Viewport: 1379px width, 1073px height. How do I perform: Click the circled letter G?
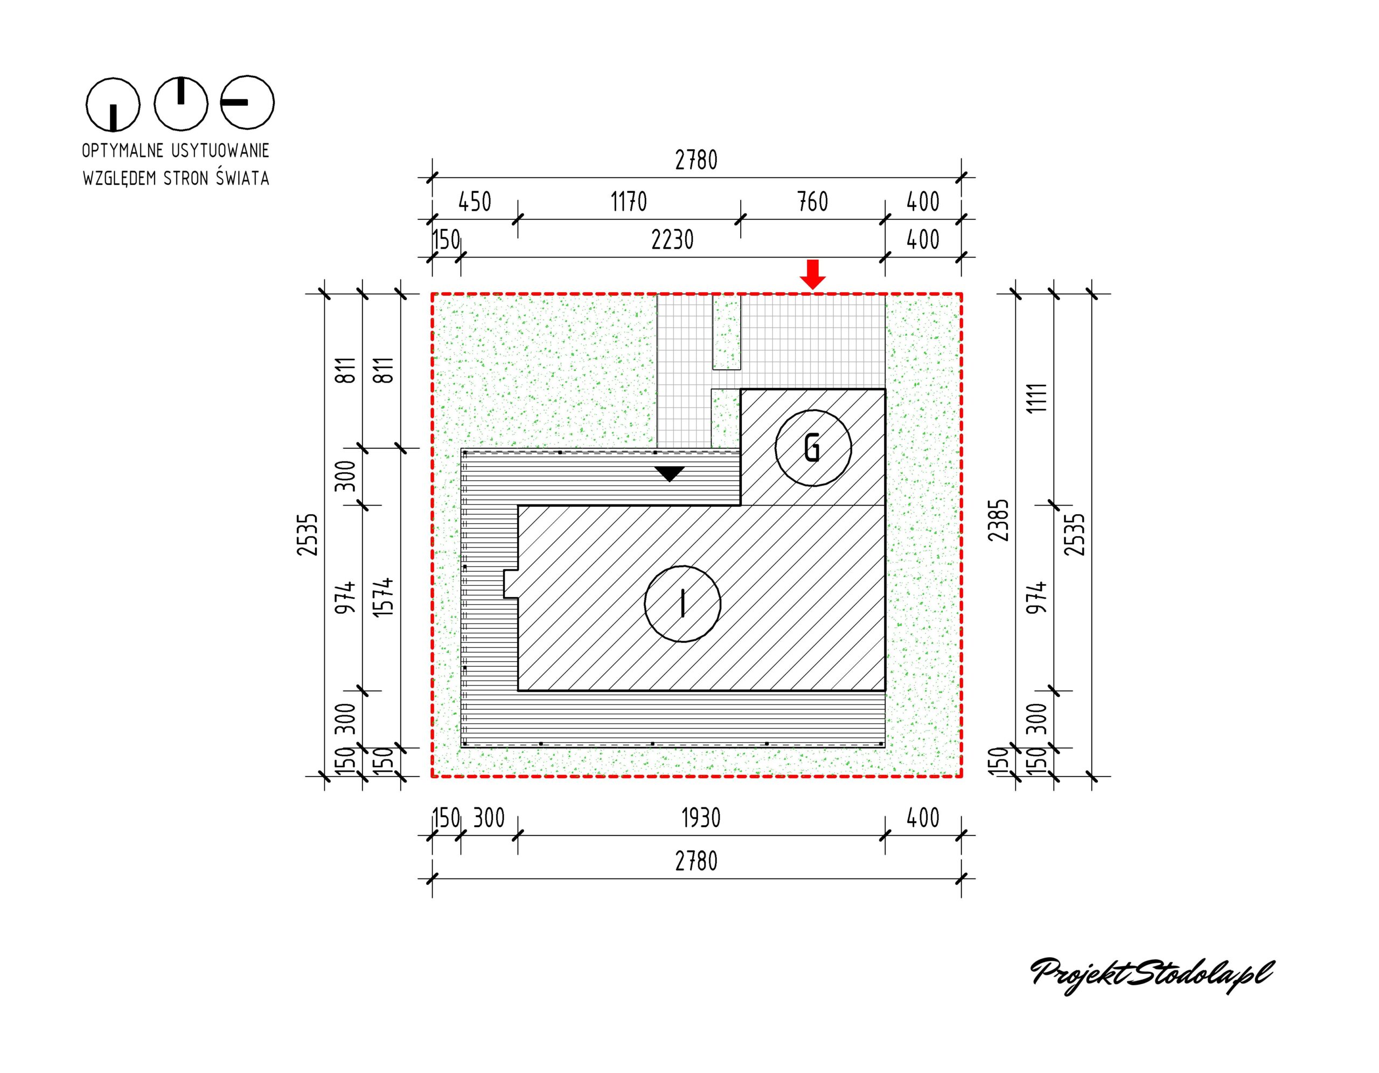point(813,448)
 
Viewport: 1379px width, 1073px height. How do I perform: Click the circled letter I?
point(682,603)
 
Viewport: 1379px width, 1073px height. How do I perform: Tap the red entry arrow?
point(813,274)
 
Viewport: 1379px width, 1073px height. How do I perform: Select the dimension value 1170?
point(629,202)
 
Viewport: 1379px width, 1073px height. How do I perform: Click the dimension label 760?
point(813,202)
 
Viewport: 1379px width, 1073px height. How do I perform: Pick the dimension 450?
point(474,202)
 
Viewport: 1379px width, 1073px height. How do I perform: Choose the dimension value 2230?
point(672,240)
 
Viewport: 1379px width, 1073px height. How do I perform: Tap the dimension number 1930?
point(701,819)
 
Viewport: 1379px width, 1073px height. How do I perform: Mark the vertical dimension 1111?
point(1037,398)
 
